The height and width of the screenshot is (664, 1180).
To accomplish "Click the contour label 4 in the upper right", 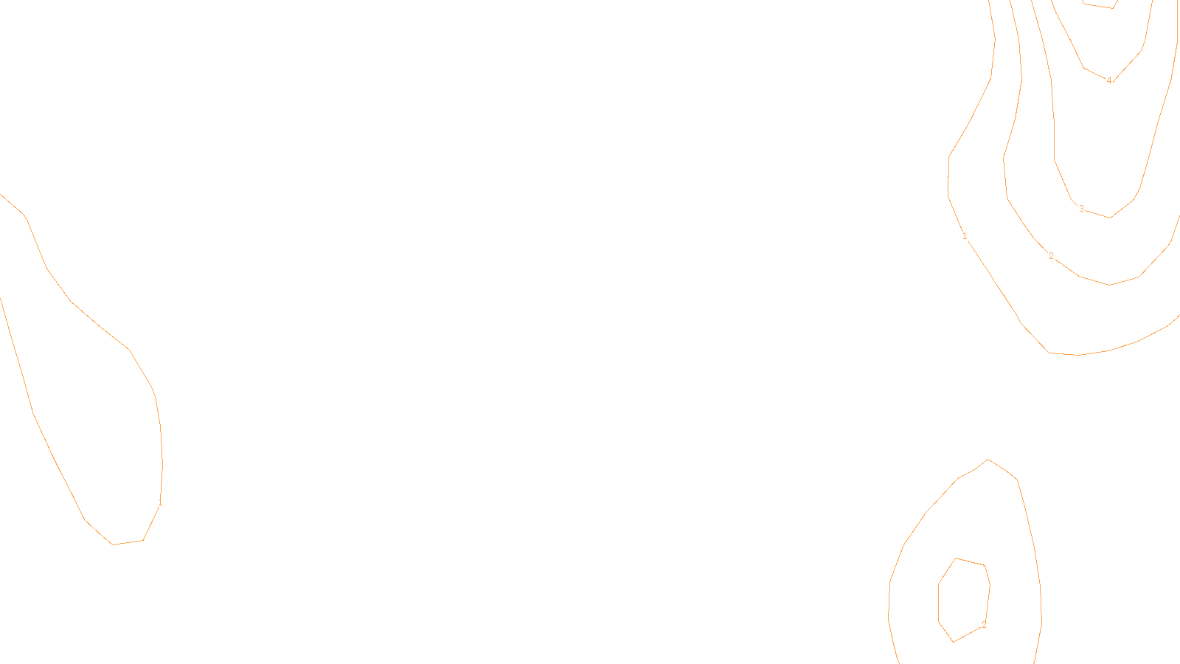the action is [1108, 80].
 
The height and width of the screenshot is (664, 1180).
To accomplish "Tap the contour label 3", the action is [1081, 209].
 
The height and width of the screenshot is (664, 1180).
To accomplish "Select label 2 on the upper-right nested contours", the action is [1051, 256].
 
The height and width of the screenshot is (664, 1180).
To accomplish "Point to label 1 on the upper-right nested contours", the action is [965, 236].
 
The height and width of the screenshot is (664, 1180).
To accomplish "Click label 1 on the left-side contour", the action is [160, 502].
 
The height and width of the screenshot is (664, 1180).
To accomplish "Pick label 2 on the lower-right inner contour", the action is [983, 625].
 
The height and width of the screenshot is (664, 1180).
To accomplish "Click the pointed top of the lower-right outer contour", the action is [988, 460].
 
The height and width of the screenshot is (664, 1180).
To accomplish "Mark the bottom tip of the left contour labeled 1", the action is [113, 544].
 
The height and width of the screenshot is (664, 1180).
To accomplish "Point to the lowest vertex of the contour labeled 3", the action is [1110, 218].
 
